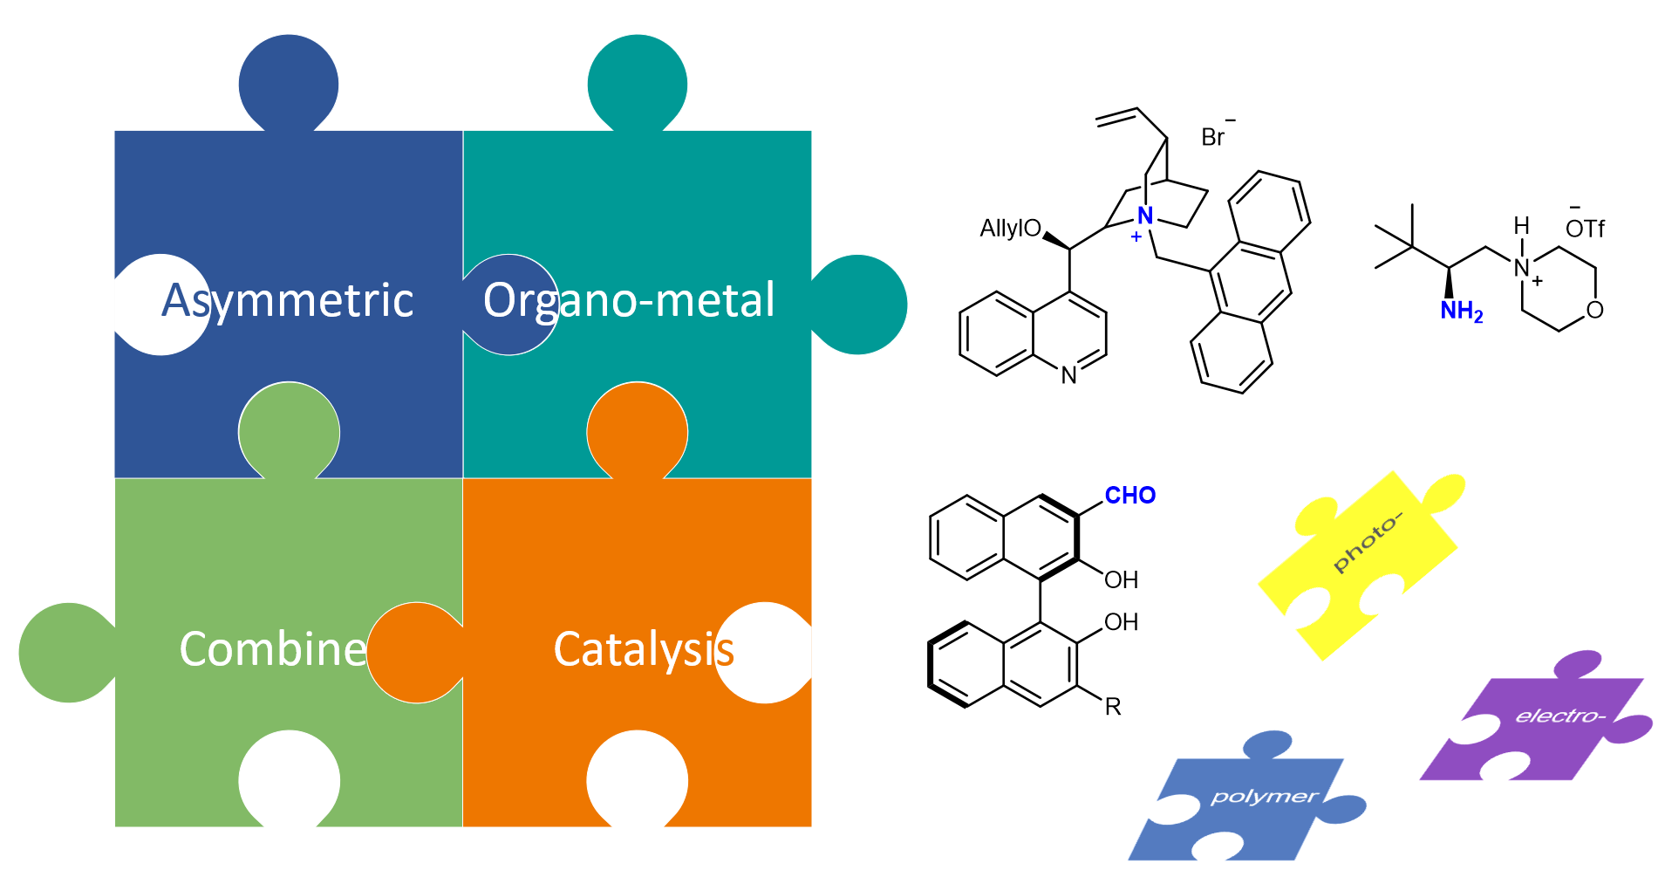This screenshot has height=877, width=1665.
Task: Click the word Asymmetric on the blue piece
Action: tap(288, 301)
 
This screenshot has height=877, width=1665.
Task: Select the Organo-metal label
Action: tap(629, 301)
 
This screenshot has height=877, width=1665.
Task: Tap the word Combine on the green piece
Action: tap(273, 649)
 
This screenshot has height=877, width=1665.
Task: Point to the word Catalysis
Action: tap(644, 650)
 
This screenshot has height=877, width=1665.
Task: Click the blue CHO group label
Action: tap(1129, 496)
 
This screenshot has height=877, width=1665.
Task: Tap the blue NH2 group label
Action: tap(1461, 312)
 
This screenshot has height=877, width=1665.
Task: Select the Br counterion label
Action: tap(1214, 137)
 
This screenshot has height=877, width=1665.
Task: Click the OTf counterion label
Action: tap(1585, 229)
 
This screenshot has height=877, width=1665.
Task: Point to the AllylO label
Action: tap(1010, 229)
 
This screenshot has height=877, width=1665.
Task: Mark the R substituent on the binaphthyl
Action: tap(1113, 707)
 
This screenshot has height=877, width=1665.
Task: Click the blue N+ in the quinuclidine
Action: tap(1145, 216)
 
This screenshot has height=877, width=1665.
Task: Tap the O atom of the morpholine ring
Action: tap(1595, 310)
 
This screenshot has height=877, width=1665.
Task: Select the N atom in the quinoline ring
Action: tap(1069, 376)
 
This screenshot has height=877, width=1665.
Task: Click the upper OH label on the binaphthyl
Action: tap(1122, 580)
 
